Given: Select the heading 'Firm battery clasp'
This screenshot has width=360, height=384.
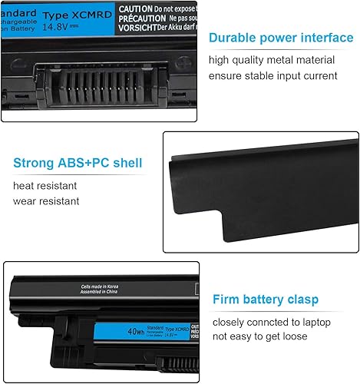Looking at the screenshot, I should (x=268, y=299).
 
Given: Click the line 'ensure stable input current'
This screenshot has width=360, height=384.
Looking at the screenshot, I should (x=272, y=75).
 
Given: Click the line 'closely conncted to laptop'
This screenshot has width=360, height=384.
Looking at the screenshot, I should (x=270, y=321).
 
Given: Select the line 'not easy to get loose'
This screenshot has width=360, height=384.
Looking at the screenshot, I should (x=259, y=336).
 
